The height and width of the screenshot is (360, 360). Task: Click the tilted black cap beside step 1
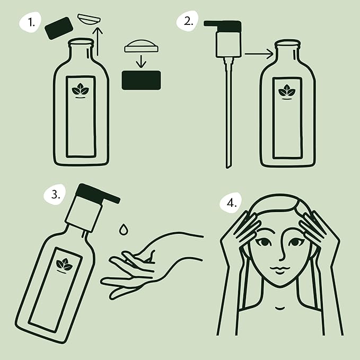59,28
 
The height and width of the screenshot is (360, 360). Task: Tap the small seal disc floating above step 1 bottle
87,17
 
